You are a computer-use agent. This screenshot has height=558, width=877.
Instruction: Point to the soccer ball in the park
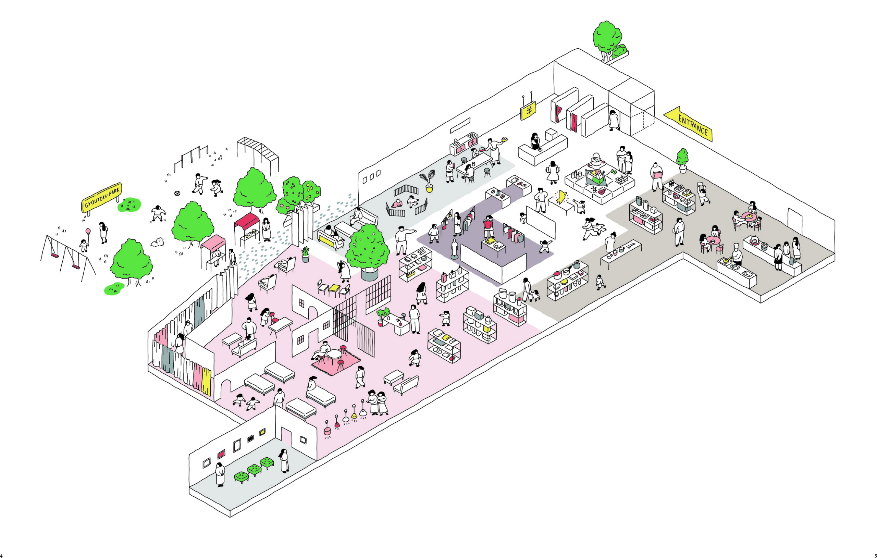point(177,193)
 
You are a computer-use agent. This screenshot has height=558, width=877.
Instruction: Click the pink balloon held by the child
point(88,231)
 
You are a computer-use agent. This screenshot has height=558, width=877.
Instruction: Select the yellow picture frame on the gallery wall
point(262,432)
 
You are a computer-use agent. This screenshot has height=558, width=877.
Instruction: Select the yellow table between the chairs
point(334,289)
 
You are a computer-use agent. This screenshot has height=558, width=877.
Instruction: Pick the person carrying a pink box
point(656,176)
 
